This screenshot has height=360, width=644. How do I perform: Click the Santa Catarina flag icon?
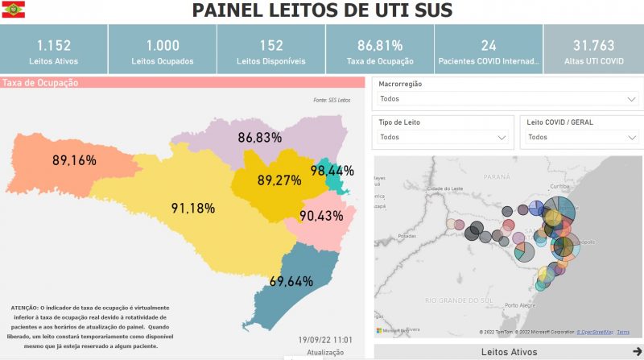(x=14, y=10)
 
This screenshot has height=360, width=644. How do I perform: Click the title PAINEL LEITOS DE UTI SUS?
(x=321, y=10)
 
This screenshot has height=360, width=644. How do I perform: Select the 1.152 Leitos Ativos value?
(x=53, y=46)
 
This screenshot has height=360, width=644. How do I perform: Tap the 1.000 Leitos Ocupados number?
(x=163, y=46)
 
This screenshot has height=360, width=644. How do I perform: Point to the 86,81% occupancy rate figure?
(x=380, y=46)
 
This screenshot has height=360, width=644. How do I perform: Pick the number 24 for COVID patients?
(x=489, y=46)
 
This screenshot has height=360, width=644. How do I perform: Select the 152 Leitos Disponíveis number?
(x=271, y=46)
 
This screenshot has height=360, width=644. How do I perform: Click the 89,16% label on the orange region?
(x=74, y=160)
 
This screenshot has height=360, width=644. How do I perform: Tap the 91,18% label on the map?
(x=192, y=209)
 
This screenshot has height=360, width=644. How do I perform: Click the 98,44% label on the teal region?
(x=332, y=171)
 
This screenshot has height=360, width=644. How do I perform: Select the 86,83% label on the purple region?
(x=259, y=138)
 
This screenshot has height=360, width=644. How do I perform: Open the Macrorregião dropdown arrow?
(x=631, y=99)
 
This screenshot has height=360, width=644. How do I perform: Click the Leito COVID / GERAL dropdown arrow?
(x=631, y=138)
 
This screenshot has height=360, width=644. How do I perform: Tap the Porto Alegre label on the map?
(x=522, y=305)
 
